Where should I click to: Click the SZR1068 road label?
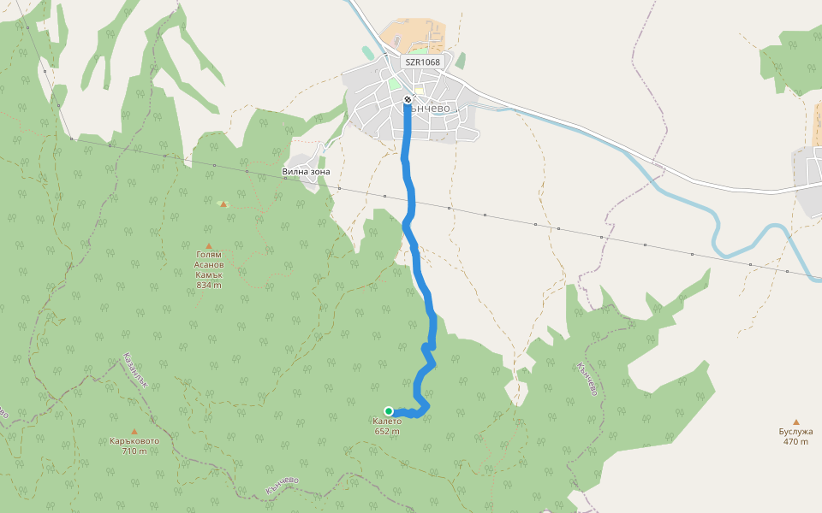[422, 62]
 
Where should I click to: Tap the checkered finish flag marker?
[408, 99]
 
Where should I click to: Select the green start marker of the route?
[389, 411]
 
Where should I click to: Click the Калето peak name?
[387, 422]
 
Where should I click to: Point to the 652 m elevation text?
[387, 432]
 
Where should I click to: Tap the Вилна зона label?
[306, 172]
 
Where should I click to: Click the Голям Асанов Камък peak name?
[208, 264]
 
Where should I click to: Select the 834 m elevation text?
[208, 285]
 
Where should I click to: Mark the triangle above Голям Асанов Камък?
[208, 246]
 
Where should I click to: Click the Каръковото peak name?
[134, 441]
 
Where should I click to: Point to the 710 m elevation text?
[134, 451]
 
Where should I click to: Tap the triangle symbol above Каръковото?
[134, 431]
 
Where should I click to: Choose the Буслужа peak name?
[795, 432]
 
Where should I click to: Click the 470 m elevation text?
[795, 442]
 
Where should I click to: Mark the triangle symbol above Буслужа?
[796, 422]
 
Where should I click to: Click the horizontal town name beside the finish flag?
[432, 109]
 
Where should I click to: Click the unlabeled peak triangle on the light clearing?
[223, 203]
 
